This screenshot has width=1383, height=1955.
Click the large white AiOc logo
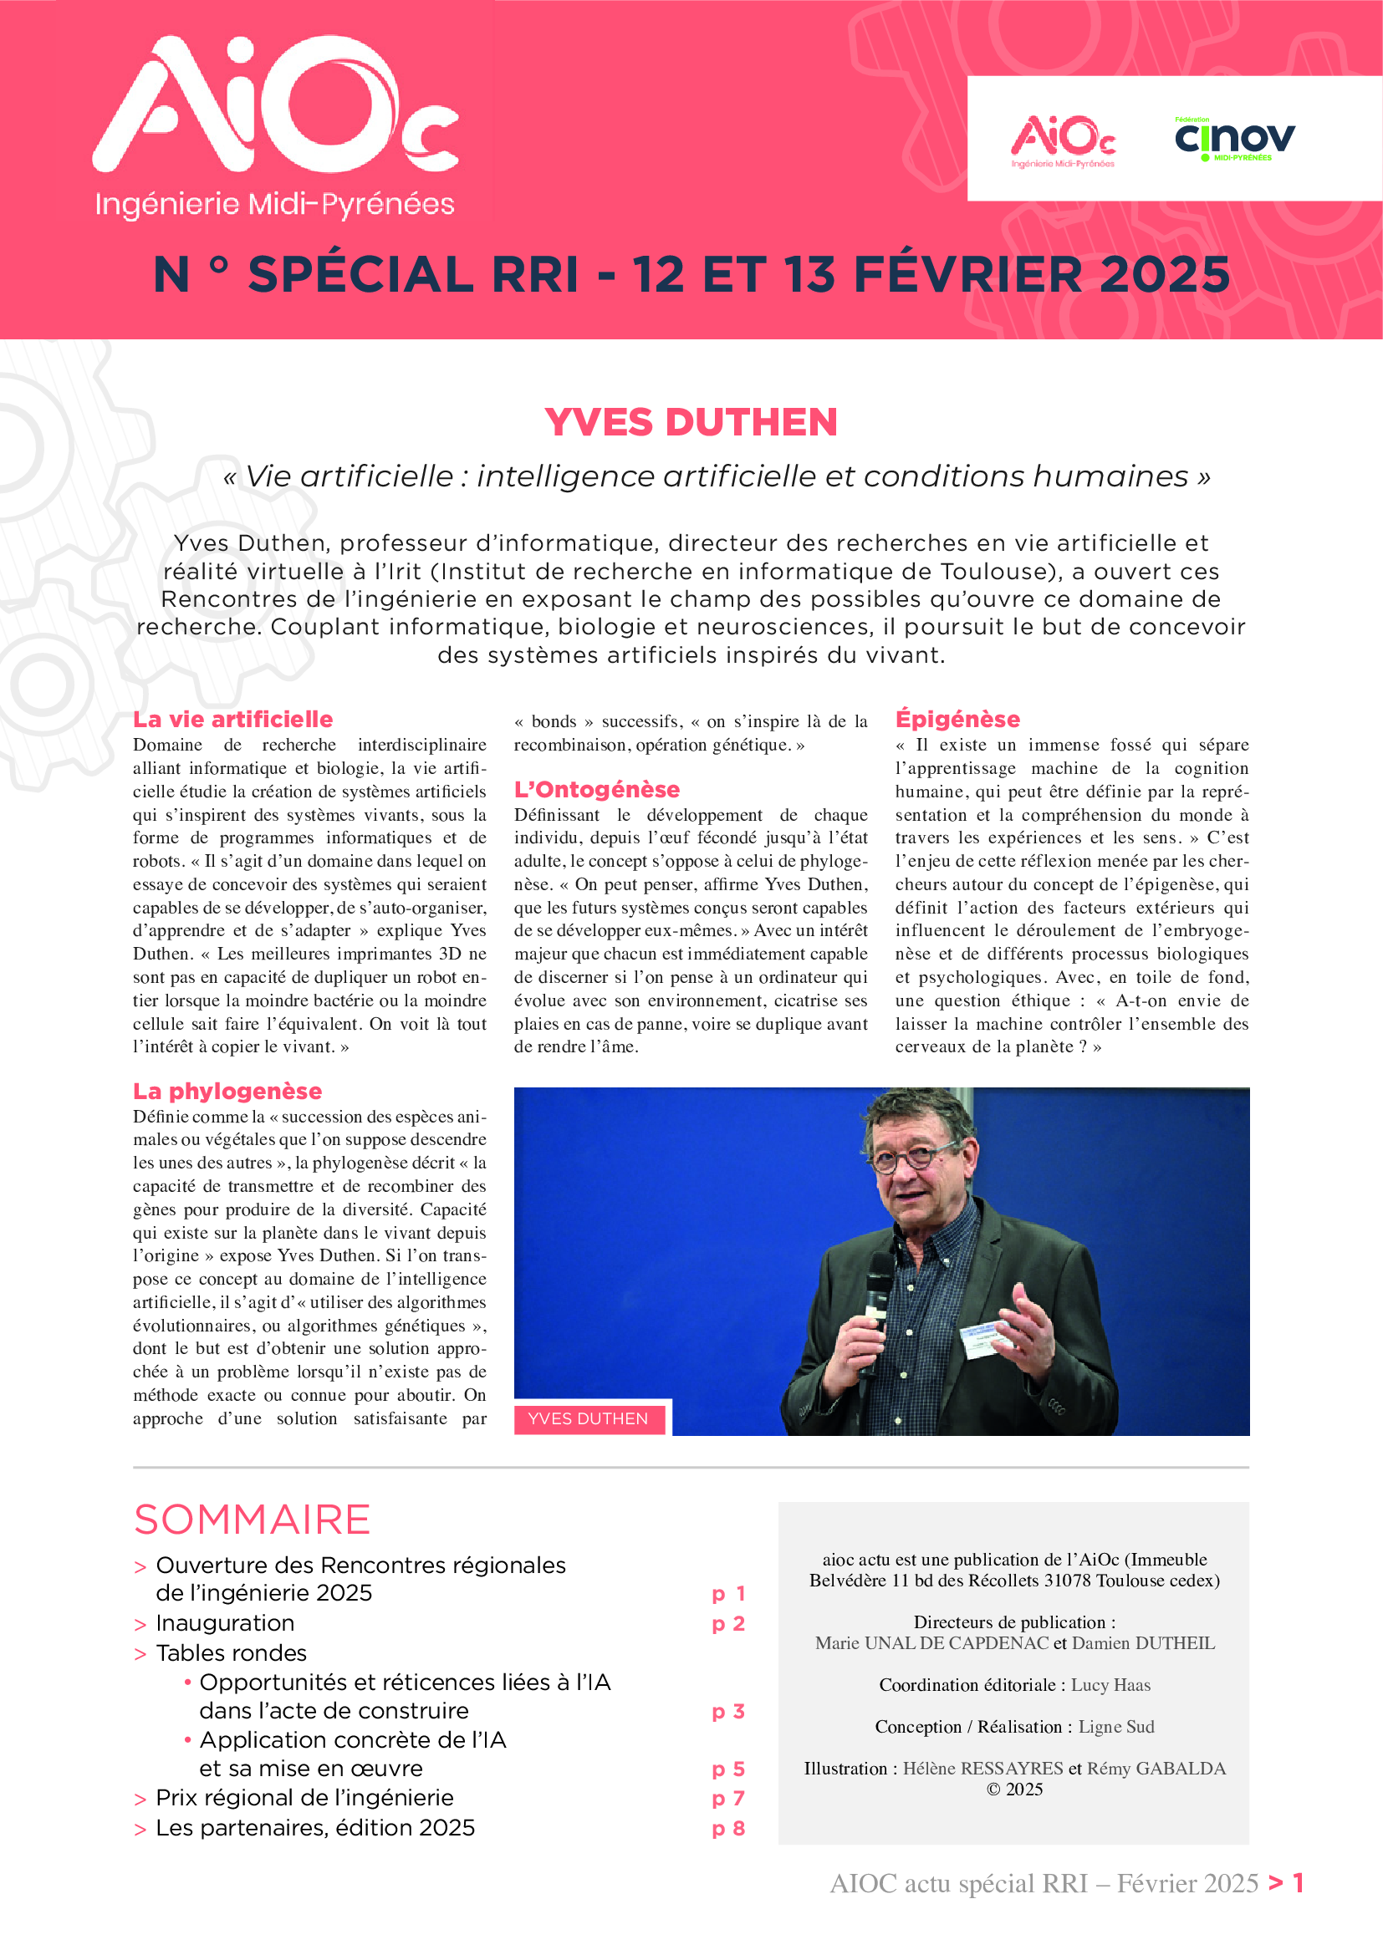[274, 106]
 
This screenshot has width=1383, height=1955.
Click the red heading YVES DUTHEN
[691, 422]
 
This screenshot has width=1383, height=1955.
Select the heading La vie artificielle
[232, 720]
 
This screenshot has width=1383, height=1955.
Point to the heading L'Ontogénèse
[596, 789]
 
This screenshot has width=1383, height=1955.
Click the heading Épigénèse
[957, 720]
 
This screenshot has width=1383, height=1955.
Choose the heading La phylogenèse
[227, 1092]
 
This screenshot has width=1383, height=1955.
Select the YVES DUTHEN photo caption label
[588, 1418]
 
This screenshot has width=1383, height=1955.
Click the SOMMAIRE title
[252, 1520]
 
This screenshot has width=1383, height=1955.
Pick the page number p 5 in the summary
[728, 1769]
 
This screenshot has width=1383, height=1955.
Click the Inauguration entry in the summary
[225, 1623]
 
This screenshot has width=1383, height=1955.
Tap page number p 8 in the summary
[728, 1828]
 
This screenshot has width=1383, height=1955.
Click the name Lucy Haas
[1110, 1685]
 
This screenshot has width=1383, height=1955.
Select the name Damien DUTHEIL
[1143, 1643]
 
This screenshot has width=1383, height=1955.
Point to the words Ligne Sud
[1116, 1727]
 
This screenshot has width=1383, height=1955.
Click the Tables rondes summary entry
[231, 1652]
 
